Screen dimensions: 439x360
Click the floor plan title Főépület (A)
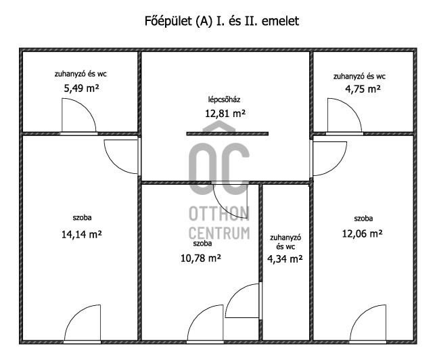tap(179, 21)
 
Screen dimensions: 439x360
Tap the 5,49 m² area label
tap(81, 89)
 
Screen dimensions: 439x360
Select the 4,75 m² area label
tap(363, 89)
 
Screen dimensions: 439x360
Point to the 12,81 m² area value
tap(225, 114)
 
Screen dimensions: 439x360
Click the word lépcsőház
tap(224, 99)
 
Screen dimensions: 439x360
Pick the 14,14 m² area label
tap(81, 234)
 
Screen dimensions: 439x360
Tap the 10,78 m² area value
tap(201, 258)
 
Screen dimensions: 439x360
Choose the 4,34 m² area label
tap(285, 259)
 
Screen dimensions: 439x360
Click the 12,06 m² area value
tap(363, 233)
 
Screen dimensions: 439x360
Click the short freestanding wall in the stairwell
tap(227, 134)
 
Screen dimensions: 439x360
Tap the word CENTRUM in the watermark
tap(219, 233)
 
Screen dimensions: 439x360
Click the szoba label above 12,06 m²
tap(363, 219)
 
